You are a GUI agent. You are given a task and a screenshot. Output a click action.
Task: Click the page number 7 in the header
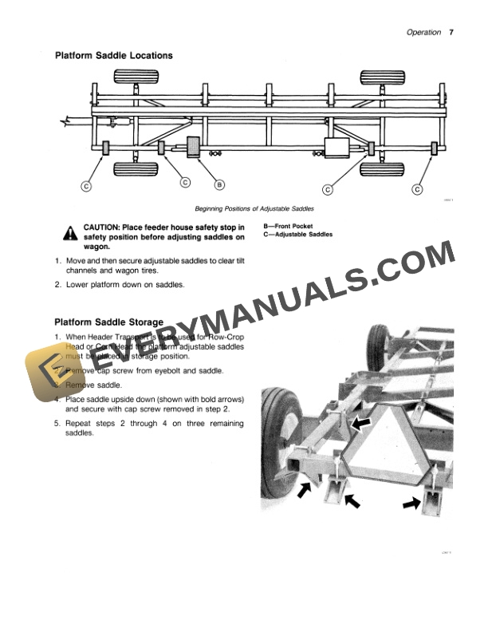(451, 33)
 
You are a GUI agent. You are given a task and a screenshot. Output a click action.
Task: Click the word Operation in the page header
(423, 33)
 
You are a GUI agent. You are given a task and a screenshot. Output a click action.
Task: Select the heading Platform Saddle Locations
(113, 56)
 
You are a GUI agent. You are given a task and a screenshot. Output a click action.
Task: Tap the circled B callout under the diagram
(218, 185)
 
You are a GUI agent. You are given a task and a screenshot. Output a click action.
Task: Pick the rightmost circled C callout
(417, 188)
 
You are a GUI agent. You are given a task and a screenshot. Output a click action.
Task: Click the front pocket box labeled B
(194, 148)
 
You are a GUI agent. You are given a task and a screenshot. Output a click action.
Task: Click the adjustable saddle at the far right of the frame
(433, 148)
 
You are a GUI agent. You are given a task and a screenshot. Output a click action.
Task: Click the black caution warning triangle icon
(70, 232)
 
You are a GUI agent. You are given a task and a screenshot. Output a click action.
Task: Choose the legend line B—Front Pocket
(287, 226)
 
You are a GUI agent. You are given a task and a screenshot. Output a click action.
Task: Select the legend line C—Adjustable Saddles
(297, 235)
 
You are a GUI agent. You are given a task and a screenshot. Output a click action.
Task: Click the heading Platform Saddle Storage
(108, 322)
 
